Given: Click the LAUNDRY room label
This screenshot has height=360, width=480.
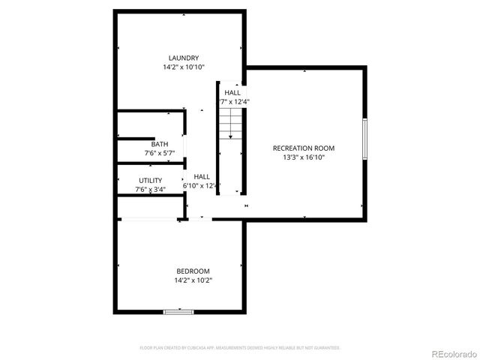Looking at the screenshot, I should (184, 58).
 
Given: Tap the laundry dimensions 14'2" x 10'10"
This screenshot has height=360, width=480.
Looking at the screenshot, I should (184, 67).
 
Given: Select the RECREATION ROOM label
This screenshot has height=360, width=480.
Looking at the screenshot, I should (303, 148).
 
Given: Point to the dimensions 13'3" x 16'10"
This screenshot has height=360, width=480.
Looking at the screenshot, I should (303, 157).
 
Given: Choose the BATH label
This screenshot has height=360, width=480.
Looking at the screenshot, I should (160, 145).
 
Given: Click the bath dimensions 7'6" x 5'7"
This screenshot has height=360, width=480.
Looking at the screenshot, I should (160, 153).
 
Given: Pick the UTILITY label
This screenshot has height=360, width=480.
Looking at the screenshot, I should (150, 181).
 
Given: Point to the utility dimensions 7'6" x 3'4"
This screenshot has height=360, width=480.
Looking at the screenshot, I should (150, 190).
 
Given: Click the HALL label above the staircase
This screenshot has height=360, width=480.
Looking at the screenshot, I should (232, 92).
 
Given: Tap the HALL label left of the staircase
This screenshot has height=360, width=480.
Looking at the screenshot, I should (202, 176).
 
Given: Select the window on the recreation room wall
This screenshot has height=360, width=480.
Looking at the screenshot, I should (364, 139).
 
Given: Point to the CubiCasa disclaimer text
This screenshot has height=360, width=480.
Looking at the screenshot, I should (240, 348).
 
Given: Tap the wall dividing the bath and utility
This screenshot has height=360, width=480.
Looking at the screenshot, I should (150, 163).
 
